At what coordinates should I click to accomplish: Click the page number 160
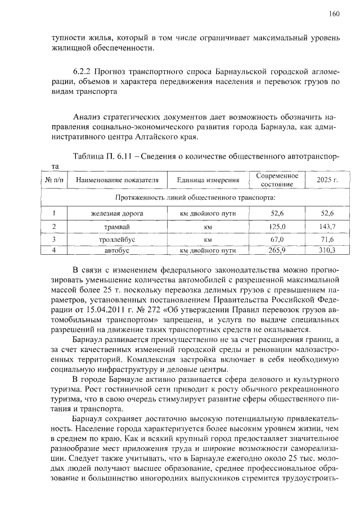[x=335, y=14]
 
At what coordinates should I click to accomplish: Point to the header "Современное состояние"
[x=277, y=180]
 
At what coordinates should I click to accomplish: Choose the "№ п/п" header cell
[x=54, y=181]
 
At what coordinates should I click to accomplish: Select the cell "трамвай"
[x=117, y=227]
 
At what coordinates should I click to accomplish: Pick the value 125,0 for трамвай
[x=277, y=227]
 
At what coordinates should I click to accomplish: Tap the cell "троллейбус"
[x=117, y=240]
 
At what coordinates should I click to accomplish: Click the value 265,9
[x=277, y=250]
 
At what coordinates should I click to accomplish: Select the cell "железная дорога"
[x=117, y=214]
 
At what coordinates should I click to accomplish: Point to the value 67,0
[x=277, y=240]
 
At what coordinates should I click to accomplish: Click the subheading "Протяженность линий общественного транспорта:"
[x=195, y=198]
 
